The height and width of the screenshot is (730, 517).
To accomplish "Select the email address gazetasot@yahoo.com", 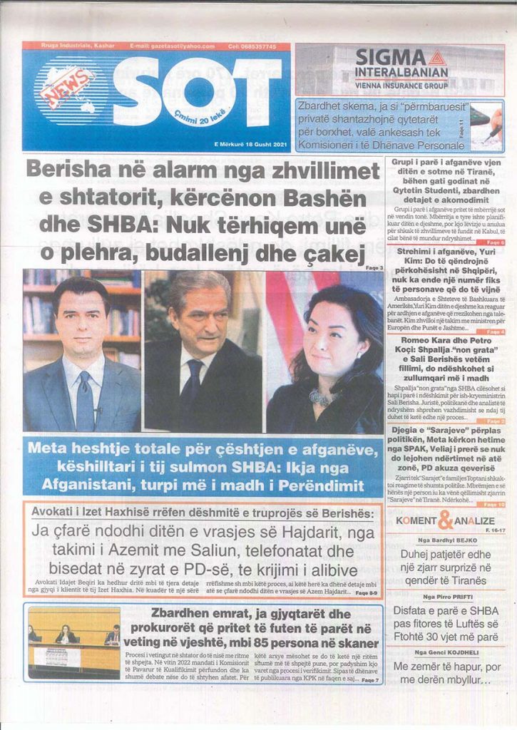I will coord(172,46).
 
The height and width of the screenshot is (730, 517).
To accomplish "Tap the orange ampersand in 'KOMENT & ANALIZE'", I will coord(444,520).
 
